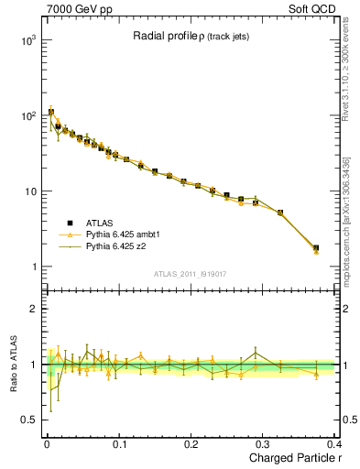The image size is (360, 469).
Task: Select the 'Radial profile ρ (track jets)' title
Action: (188, 36)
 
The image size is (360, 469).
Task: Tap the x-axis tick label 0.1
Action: (118, 444)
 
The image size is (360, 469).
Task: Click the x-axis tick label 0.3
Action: (264, 444)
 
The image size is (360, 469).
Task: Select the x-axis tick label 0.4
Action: (334, 444)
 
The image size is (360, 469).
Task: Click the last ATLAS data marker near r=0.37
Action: (316, 247)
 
